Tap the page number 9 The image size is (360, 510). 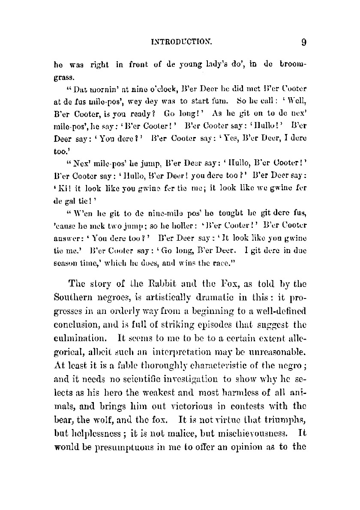pos(303,42)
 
